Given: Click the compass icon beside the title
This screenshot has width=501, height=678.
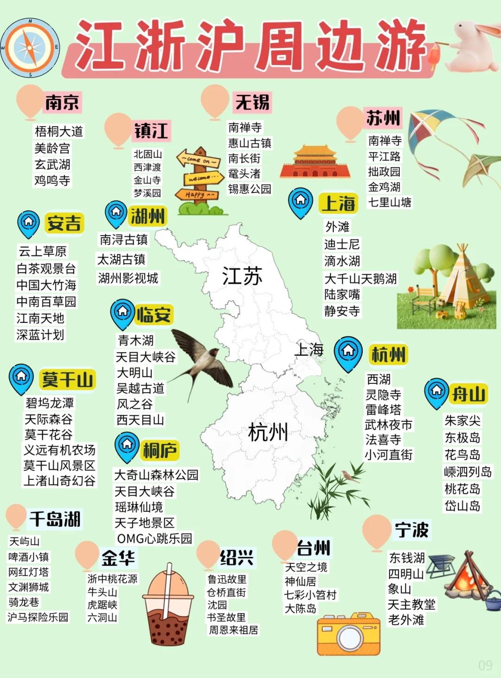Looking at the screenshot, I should point(30,47).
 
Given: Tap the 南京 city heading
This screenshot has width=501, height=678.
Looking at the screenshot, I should point(62,103).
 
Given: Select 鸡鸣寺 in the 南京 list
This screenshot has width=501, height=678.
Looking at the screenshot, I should point(52,180).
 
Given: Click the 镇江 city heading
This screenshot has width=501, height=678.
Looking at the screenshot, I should point(151,131).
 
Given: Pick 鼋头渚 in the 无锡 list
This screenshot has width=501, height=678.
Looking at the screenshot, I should point(244,174).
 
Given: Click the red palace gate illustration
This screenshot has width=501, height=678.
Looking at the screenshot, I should point(315,162).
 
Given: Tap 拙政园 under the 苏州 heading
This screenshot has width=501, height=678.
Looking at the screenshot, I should point(384,172).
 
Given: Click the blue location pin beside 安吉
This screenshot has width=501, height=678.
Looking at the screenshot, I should point(29,223).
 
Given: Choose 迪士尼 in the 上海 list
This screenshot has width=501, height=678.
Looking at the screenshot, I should point(342,244).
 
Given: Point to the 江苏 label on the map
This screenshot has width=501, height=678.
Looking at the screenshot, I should point(242,277).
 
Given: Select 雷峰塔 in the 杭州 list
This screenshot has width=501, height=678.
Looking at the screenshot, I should point(383,410).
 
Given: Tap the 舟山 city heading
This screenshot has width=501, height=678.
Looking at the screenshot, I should point(469,394).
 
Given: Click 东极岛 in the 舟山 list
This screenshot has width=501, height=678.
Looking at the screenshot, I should point(462,438).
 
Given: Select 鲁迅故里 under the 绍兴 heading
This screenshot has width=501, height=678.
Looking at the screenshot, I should point(227,579).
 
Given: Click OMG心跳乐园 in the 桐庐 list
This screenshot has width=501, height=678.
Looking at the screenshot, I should point(154,538).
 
